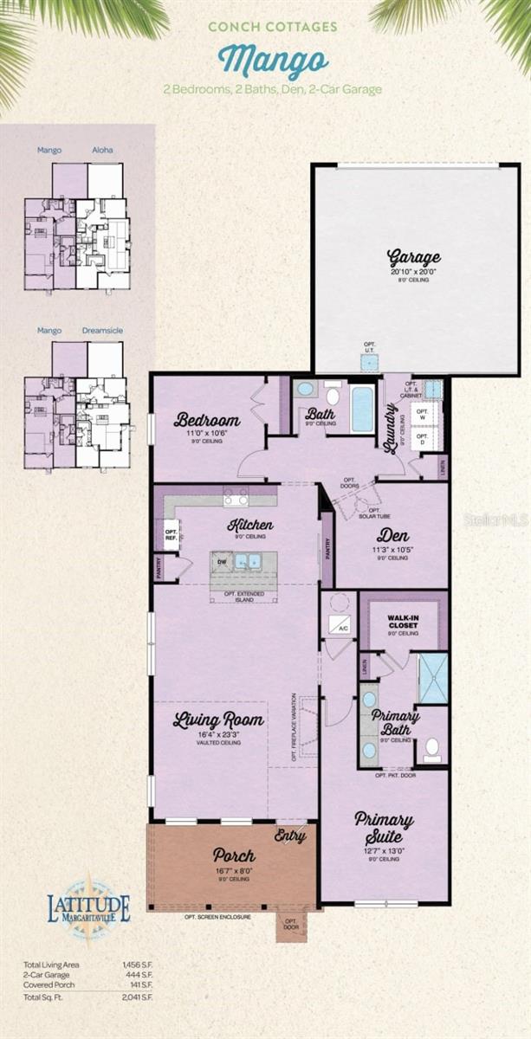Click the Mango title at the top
[x=273, y=61]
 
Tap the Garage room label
[x=413, y=257]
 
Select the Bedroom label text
[x=206, y=421]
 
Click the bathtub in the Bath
[x=362, y=409]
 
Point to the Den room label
[x=392, y=536]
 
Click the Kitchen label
[x=250, y=525]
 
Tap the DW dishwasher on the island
[x=222, y=561]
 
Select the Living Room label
[x=218, y=720]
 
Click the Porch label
[x=234, y=856]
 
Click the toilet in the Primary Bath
[x=431, y=749]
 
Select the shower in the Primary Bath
[x=432, y=678]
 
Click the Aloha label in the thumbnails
[x=102, y=150]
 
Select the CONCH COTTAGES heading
[x=273, y=27]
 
